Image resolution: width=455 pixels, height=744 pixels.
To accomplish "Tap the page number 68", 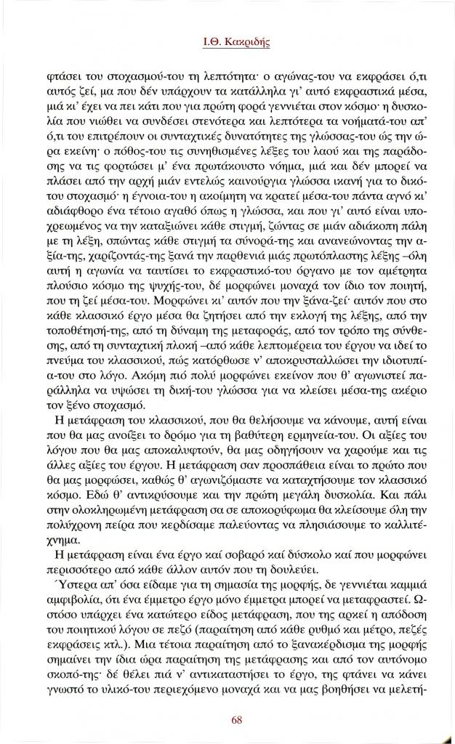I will pyautogui.click(x=237, y=720).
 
